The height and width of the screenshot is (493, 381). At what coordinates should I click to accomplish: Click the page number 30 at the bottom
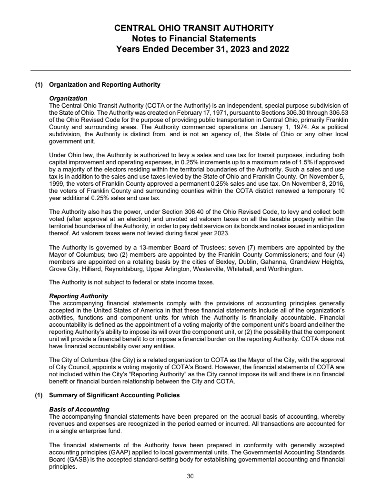(190, 476)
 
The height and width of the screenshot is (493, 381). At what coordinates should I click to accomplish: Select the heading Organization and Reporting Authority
(105, 85)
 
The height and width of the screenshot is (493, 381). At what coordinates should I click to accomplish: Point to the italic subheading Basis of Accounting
(80, 409)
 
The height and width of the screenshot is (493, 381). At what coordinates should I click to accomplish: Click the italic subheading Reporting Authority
(79, 296)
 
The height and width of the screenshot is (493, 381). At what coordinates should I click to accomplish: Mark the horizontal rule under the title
(190, 70)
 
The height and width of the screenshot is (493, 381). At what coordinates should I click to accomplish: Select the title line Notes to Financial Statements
(194, 39)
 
